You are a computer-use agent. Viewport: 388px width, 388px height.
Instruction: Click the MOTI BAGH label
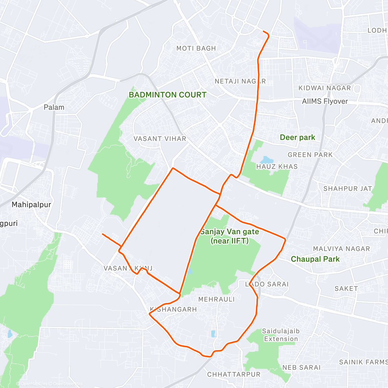click(x=196, y=48)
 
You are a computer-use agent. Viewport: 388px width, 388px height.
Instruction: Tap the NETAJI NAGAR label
click(x=240, y=81)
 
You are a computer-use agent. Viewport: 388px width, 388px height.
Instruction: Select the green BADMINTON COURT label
click(x=167, y=95)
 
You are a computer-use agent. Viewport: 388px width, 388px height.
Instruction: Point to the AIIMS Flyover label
click(x=325, y=101)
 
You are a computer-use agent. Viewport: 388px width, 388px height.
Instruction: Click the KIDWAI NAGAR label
click(x=324, y=88)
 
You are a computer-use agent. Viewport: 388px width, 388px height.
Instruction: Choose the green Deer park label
click(x=297, y=137)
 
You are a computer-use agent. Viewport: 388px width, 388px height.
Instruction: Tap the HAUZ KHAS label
click(x=276, y=167)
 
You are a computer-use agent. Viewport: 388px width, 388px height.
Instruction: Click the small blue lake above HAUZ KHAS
click(x=266, y=160)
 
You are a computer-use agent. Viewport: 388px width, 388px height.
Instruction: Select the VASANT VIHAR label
click(x=160, y=139)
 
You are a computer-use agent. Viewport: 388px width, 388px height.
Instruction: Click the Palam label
click(x=54, y=107)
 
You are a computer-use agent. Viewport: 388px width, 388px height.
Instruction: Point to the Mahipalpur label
click(x=31, y=204)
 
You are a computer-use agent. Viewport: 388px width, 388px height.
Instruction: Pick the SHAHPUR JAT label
click(x=348, y=189)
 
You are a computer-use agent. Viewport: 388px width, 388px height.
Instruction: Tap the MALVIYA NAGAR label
click(x=341, y=249)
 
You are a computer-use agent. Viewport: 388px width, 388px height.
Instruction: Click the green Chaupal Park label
click(x=315, y=259)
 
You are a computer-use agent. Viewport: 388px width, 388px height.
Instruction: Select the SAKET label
click(x=346, y=288)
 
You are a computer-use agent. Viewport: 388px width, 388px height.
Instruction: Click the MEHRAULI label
click(x=216, y=299)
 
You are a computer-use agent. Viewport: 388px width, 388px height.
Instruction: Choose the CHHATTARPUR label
click(x=233, y=374)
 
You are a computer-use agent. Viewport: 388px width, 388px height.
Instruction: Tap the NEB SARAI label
click(x=301, y=367)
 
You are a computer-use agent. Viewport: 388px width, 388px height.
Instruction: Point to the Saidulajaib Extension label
click(x=281, y=335)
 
